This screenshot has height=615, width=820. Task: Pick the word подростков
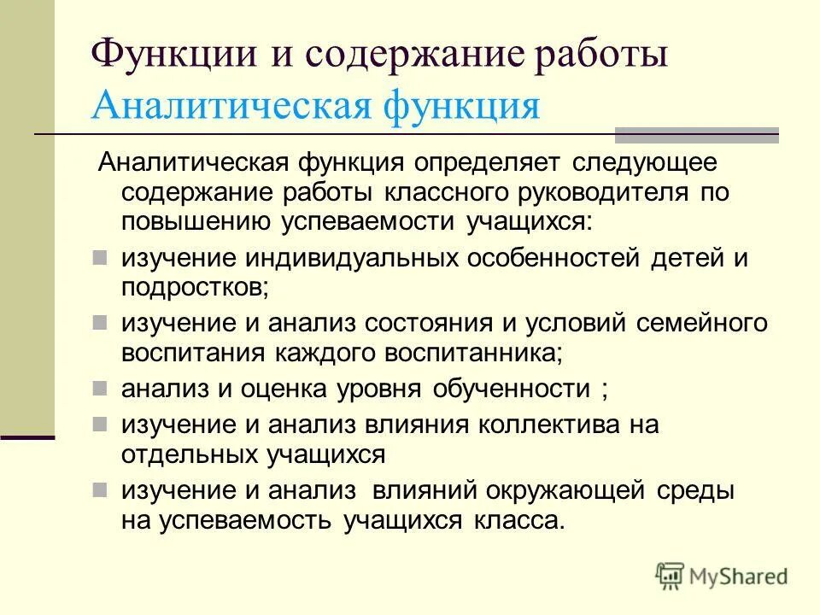tap(194, 287)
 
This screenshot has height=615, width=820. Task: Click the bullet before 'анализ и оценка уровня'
tap(100, 388)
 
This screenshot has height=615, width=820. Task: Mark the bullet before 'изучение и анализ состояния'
tap(100, 322)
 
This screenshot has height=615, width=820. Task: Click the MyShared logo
tap(723, 576)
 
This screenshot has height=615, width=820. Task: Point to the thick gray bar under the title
tap(697, 134)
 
